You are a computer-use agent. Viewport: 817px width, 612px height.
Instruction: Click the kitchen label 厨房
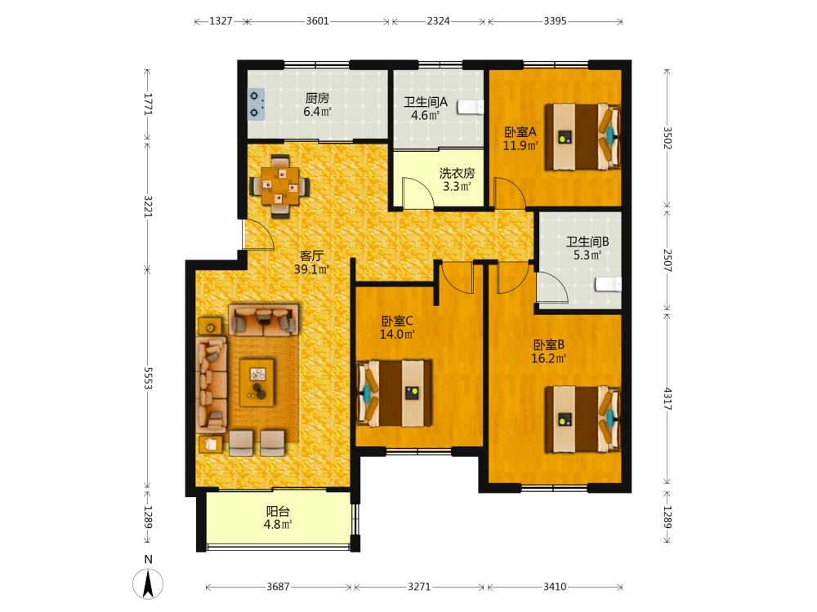[x=317, y=98]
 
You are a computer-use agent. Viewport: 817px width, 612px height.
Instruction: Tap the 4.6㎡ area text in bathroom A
[x=425, y=116]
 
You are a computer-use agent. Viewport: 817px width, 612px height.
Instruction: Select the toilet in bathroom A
[x=470, y=107]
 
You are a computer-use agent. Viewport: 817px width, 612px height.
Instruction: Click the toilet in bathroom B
[x=609, y=285]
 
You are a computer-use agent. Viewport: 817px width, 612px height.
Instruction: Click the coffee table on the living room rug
[x=257, y=383]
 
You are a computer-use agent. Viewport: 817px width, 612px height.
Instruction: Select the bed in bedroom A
[x=583, y=137]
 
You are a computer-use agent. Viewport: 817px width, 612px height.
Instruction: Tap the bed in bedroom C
[x=394, y=393]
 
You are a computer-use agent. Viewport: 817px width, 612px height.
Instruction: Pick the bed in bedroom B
[x=583, y=419]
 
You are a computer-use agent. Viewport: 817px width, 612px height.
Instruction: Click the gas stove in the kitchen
[x=255, y=104]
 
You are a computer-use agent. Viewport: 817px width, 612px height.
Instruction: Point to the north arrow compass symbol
[x=148, y=583]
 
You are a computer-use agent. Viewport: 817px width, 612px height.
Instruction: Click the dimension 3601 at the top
[x=317, y=21]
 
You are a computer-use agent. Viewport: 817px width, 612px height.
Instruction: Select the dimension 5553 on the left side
[x=147, y=379]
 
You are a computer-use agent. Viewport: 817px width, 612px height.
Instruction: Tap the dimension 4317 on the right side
[x=667, y=399]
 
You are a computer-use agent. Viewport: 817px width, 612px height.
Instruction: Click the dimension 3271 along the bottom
[x=419, y=587]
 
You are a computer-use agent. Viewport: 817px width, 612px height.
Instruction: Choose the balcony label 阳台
[x=277, y=511]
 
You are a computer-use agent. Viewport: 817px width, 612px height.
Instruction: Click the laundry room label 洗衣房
[x=457, y=173]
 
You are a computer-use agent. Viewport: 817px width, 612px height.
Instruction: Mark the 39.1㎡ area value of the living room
[x=311, y=269]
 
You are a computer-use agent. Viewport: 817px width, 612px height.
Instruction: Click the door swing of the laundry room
[x=418, y=193]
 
